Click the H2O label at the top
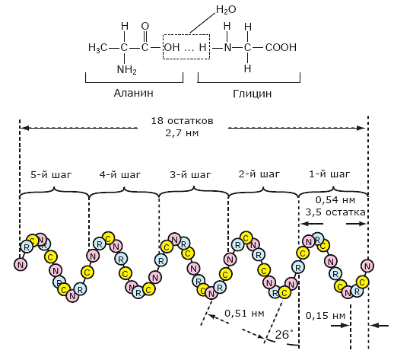pos(226,10)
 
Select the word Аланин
pos(134,93)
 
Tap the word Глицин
pos(253,94)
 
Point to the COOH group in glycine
pos(281,47)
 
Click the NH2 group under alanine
pos(127,69)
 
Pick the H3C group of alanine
pos(97,48)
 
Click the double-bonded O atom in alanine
pos(145,26)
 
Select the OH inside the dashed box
pos(172,47)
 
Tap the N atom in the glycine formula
pos(227,47)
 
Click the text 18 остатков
pos(182,121)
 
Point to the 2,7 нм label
pos(182,132)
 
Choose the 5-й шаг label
pos(51,175)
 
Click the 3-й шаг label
pos(190,175)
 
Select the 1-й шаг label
pos(329,174)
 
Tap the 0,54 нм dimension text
pos(335,200)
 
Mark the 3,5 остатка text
pos(335,212)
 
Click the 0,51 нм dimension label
pos(244,314)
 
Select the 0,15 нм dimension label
pos(326,316)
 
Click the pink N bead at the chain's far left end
pos(21,265)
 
